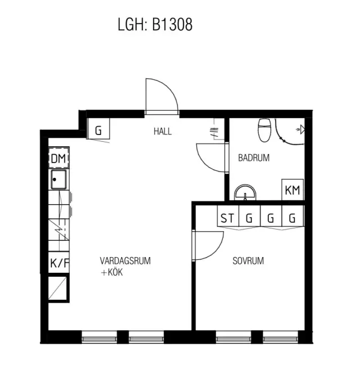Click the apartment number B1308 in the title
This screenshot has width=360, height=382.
click(x=172, y=25)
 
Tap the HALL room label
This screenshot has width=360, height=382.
click(x=163, y=132)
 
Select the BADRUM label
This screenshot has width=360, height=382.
click(x=254, y=158)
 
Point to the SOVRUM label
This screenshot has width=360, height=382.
click(x=248, y=261)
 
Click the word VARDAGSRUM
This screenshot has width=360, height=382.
click(x=125, y=261)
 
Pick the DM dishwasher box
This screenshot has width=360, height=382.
click(x=58, y=158)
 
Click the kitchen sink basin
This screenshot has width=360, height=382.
click(x=58, y=180)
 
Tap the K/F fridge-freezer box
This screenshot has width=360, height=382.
click(x=59, y=263)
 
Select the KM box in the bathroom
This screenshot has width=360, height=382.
click(x=292, y=190)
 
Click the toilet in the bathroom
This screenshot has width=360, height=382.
click(x=265, y=130)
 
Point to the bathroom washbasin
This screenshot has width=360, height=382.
click(x=245, y=192)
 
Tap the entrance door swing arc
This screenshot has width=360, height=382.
click(x=169, y=88)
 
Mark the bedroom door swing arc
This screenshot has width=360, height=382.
click(x=217, y=251)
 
